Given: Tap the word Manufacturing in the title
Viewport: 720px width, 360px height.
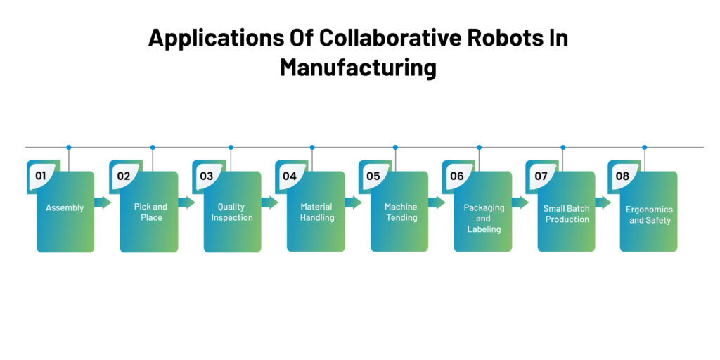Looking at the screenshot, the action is click(358, 67).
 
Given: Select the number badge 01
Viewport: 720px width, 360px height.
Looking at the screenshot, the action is click(41, 176).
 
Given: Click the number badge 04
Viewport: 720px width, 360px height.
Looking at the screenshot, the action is click(290, 176).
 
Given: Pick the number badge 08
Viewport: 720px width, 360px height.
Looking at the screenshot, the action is click(622, 176).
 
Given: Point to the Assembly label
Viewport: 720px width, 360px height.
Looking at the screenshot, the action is click(65, 207).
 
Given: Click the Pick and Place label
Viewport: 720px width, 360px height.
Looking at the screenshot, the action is click(150, 212).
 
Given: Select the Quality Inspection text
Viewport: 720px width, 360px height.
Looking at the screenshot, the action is click(232, 212).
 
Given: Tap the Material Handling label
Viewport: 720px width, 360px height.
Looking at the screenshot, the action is click(316, 212).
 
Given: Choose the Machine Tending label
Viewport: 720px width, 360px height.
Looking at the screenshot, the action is click(401, 212).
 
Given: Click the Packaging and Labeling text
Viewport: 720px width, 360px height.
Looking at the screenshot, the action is click(484, 218).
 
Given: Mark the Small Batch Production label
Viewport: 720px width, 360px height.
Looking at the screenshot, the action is click(567, 214).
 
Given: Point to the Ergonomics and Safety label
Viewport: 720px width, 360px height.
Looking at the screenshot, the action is click(650, 214).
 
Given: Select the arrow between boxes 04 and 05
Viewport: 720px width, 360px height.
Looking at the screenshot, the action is click(353, 202).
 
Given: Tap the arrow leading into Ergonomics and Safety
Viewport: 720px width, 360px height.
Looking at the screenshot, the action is click(603, 202).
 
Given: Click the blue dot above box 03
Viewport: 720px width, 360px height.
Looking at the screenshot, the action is click(231, 148).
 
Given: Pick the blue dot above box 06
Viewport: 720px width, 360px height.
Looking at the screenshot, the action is click(480, 148).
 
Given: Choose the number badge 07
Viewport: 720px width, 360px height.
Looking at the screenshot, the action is click(541, 176).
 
